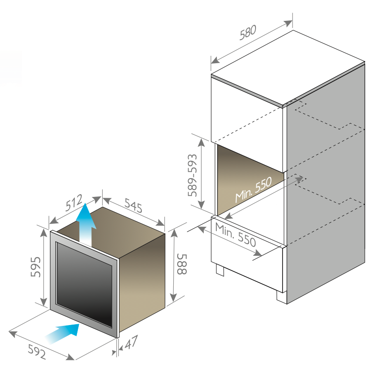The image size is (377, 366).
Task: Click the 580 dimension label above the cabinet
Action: [248, 32]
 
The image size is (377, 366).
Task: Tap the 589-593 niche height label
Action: [192, 175]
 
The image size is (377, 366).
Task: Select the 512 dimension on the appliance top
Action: [74, 203]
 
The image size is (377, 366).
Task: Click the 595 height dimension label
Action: [36, 267]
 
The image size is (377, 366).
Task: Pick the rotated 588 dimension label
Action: [182, 264]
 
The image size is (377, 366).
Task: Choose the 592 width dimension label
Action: [37, 352]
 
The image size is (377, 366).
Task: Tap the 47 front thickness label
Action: [131, 342]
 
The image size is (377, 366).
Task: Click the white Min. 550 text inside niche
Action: [253, 190]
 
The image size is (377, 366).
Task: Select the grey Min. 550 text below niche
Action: [236, 235]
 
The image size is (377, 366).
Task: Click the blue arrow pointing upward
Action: [86, 225]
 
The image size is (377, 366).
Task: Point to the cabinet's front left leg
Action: [220, 270]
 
